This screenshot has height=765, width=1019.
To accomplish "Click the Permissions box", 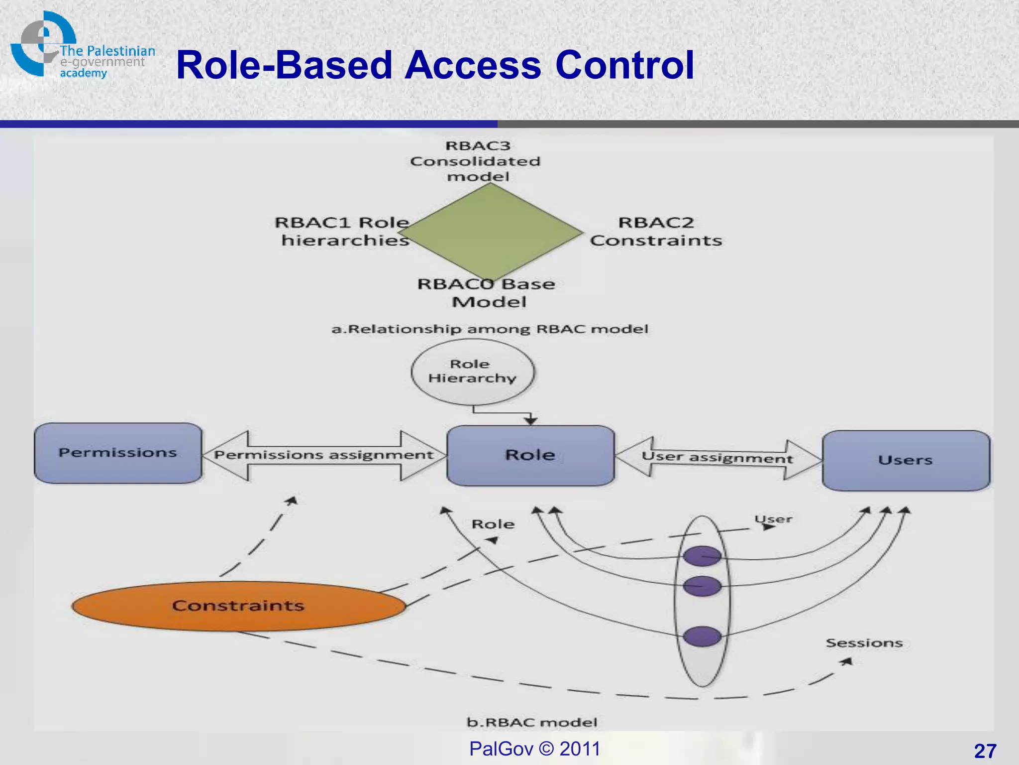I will tap(118, 453).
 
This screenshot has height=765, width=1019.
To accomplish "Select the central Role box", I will tap(530, 455).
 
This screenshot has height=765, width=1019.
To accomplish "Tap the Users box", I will tap(906, 460).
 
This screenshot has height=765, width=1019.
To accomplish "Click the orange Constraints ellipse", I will tap(238, 606).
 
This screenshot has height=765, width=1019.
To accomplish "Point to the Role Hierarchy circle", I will tap(472, 372).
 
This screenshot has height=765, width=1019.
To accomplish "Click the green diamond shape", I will tap(490, 232).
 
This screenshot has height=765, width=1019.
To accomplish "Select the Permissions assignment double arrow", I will tap(324, 455).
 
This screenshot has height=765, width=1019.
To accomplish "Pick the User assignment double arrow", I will tap(717, 458).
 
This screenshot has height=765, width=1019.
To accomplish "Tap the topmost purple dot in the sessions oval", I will tap(702, 556).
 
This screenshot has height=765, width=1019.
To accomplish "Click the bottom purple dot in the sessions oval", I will tap(702, 637).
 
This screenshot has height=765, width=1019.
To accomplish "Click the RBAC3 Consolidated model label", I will tap(476, 161).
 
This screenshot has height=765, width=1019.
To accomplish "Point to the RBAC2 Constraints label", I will tap(656, 232).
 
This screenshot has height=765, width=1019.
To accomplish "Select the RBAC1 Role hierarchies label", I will tap(343, 232).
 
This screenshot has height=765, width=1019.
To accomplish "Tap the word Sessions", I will tap(864, 643).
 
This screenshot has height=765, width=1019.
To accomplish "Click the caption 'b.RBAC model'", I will tap(531, 722).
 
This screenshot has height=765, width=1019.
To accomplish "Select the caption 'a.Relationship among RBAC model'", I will tap(490, 329).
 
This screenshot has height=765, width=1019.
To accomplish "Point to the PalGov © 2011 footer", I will tap(535, 749).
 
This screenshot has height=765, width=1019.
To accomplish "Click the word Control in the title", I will tap(624, 65).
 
